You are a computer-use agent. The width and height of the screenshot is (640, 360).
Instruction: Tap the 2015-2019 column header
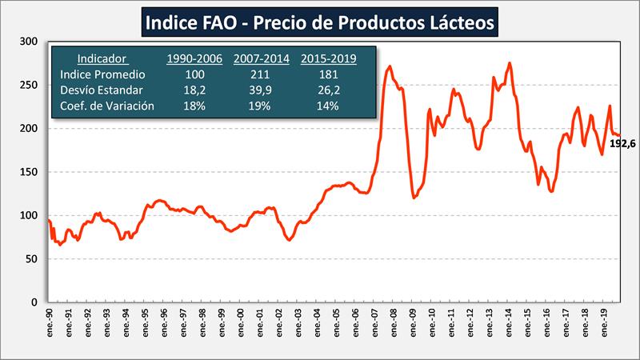click(x=329, y=58)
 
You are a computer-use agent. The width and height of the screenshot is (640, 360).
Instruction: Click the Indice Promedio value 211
click(x=261, y=74)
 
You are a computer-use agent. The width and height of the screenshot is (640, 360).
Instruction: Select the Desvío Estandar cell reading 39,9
click(x=261, y=90)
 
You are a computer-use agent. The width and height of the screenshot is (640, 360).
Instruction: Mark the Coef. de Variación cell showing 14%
click(x=328, y=105)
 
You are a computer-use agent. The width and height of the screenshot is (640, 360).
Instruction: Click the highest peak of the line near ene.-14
click(x=510, y=63)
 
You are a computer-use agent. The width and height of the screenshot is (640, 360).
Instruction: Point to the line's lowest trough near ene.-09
click(x=414, y=197)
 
